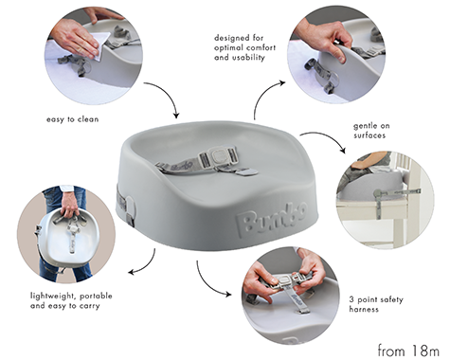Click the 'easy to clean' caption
tap(72, 119)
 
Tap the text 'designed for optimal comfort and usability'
tap(244, 47)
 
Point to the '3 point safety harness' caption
tap(376, 304)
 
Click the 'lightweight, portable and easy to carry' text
tap(71, 300)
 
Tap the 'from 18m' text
tap(408, 351)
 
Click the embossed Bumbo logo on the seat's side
tap(272, 219)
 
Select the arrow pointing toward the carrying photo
tap(147, 266)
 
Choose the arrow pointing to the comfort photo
tap(262, 95)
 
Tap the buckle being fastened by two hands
tap(285, 280)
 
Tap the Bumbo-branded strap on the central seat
tap(178, 166)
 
